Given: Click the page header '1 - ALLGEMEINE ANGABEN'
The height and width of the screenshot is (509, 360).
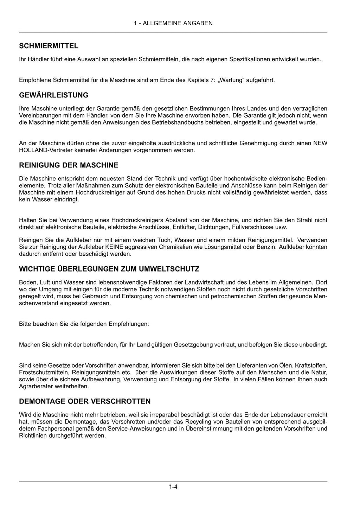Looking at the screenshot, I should coord(173,23).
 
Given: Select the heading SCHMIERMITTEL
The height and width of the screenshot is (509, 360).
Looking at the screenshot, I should coord(49,46).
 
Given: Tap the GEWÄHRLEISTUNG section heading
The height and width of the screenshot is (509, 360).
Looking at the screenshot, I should coord(54,95).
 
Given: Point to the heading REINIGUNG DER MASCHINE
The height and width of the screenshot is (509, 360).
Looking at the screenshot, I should coord(69,165).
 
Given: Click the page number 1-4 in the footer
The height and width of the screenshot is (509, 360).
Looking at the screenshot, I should coord(173,487).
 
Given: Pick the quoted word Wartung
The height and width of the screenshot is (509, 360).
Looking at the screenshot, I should coord(231,80).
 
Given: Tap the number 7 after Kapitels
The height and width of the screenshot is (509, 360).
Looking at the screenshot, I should coord(212,80).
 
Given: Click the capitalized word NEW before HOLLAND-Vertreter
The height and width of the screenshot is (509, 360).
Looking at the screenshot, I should coord(320,143).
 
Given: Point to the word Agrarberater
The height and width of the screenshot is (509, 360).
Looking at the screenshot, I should coord(35,386).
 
